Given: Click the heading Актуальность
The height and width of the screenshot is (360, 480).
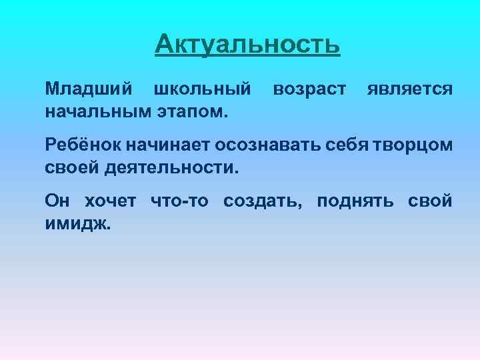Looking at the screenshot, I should pyautogui.click(x=247, y=45).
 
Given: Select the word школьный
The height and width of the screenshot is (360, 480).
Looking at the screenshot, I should pyautogui.click(x=203, y=89).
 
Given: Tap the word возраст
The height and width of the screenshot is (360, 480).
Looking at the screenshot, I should pyautogui.click(x=309, y=89).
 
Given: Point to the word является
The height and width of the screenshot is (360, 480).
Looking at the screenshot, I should pyautogui.click(x=410, y=89).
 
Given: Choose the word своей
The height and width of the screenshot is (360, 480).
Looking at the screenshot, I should pyautogui.click(x=71, y=165).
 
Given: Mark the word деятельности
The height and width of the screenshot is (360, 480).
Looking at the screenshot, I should pyautogui.click(x=171, y=165).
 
